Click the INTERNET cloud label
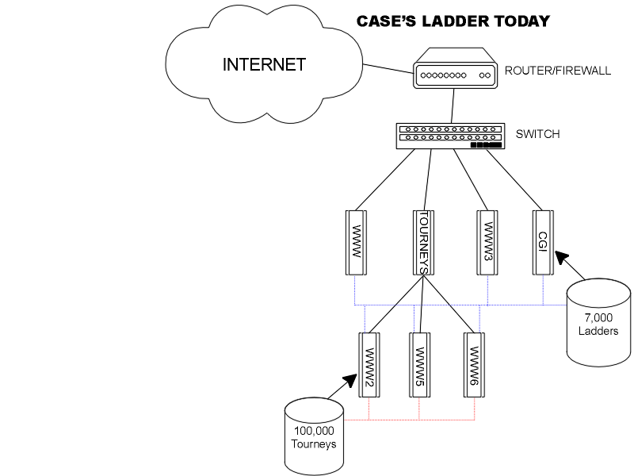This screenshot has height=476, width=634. click(264, 65)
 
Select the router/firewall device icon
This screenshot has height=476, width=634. click(453, 71)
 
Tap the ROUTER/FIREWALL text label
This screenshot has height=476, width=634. click(557, 71)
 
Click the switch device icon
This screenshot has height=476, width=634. click(449, 135)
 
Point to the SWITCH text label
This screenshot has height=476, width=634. click(537, 134)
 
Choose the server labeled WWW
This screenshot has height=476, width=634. click(356, 242)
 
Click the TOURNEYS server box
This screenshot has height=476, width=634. click(423, 242)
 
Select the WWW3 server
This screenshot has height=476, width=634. click(487, 242)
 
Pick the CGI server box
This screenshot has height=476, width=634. click(543, 242)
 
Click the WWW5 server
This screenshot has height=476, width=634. click(420, 365)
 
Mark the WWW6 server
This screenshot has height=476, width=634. click(474, 365)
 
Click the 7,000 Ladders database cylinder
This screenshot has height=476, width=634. click(598, 321)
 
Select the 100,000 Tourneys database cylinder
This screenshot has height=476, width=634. click(314, 435)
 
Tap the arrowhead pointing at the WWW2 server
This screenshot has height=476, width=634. click(350, 381)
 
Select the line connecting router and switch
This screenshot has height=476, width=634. click(451, 105)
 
